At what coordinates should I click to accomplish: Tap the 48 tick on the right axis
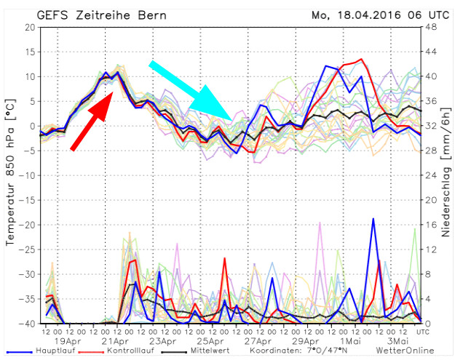(430, 28)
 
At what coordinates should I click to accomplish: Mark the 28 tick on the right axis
(430, 151)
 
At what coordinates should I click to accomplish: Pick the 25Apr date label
(209, 340)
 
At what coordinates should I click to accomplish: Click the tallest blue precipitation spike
(373, 219)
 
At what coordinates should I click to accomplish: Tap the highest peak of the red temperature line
(361, 60)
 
